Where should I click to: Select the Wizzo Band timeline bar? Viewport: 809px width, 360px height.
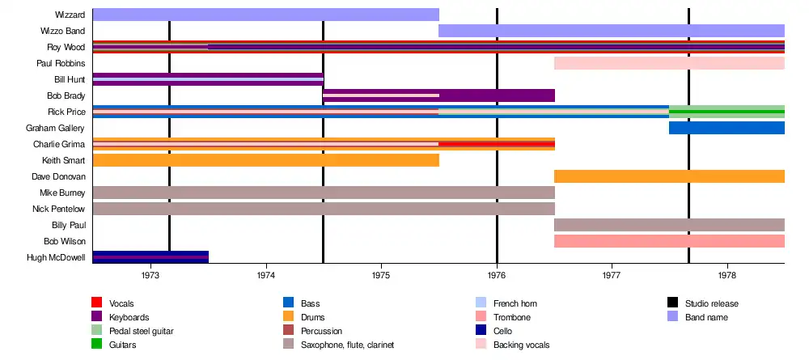tap(611, 31)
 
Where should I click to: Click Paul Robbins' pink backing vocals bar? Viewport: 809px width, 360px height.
tap(669, 63)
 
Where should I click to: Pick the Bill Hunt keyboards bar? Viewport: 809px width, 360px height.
tap(208, 79)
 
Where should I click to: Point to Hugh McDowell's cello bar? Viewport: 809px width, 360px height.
tap(150, 257)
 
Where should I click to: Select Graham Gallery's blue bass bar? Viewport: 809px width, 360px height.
tap(726, 128)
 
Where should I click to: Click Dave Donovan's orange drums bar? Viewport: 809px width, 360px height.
tap(669, 176)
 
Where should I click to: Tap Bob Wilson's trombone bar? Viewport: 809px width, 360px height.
tap(669, 241)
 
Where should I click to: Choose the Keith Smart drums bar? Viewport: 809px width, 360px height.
tap(265, 160)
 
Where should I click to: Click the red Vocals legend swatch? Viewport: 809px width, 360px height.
tap(96, 303)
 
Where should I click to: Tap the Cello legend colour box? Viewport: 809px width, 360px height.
tap(481, 331)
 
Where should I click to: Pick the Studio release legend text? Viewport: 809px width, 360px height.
tap(711, 303)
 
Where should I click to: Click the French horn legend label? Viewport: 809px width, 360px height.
tap(514, 303)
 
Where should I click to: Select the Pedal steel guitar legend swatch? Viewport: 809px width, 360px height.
tap(96, 331)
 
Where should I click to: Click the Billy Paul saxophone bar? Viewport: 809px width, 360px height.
tap(669, 225)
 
